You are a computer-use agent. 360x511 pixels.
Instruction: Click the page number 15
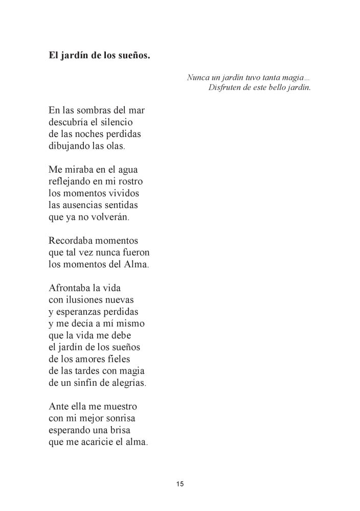pos(180,484)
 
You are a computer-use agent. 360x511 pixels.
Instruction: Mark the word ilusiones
pos(91,300)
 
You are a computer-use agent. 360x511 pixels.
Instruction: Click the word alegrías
pos(126,383)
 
